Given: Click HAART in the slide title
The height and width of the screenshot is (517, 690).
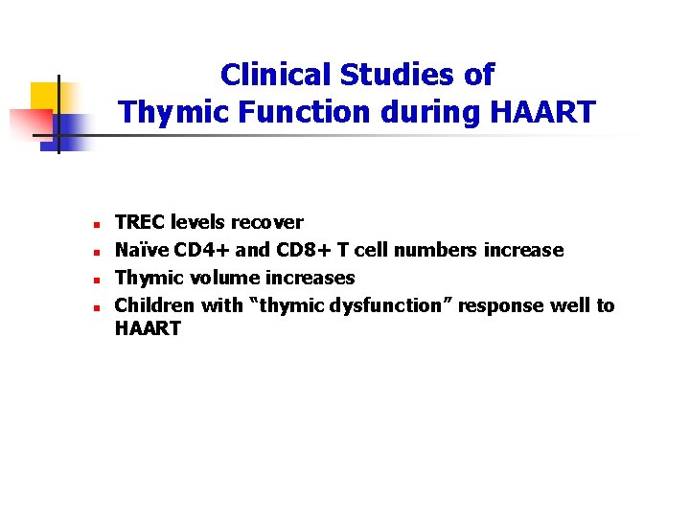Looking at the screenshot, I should point(542,113).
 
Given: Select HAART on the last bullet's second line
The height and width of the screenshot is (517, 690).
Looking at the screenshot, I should point(148,328).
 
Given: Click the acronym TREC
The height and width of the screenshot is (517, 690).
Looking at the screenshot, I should point(140,222).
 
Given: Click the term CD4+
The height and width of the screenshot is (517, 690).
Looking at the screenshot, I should point(199,250).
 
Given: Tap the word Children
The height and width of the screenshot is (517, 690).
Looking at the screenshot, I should point(154,305).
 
